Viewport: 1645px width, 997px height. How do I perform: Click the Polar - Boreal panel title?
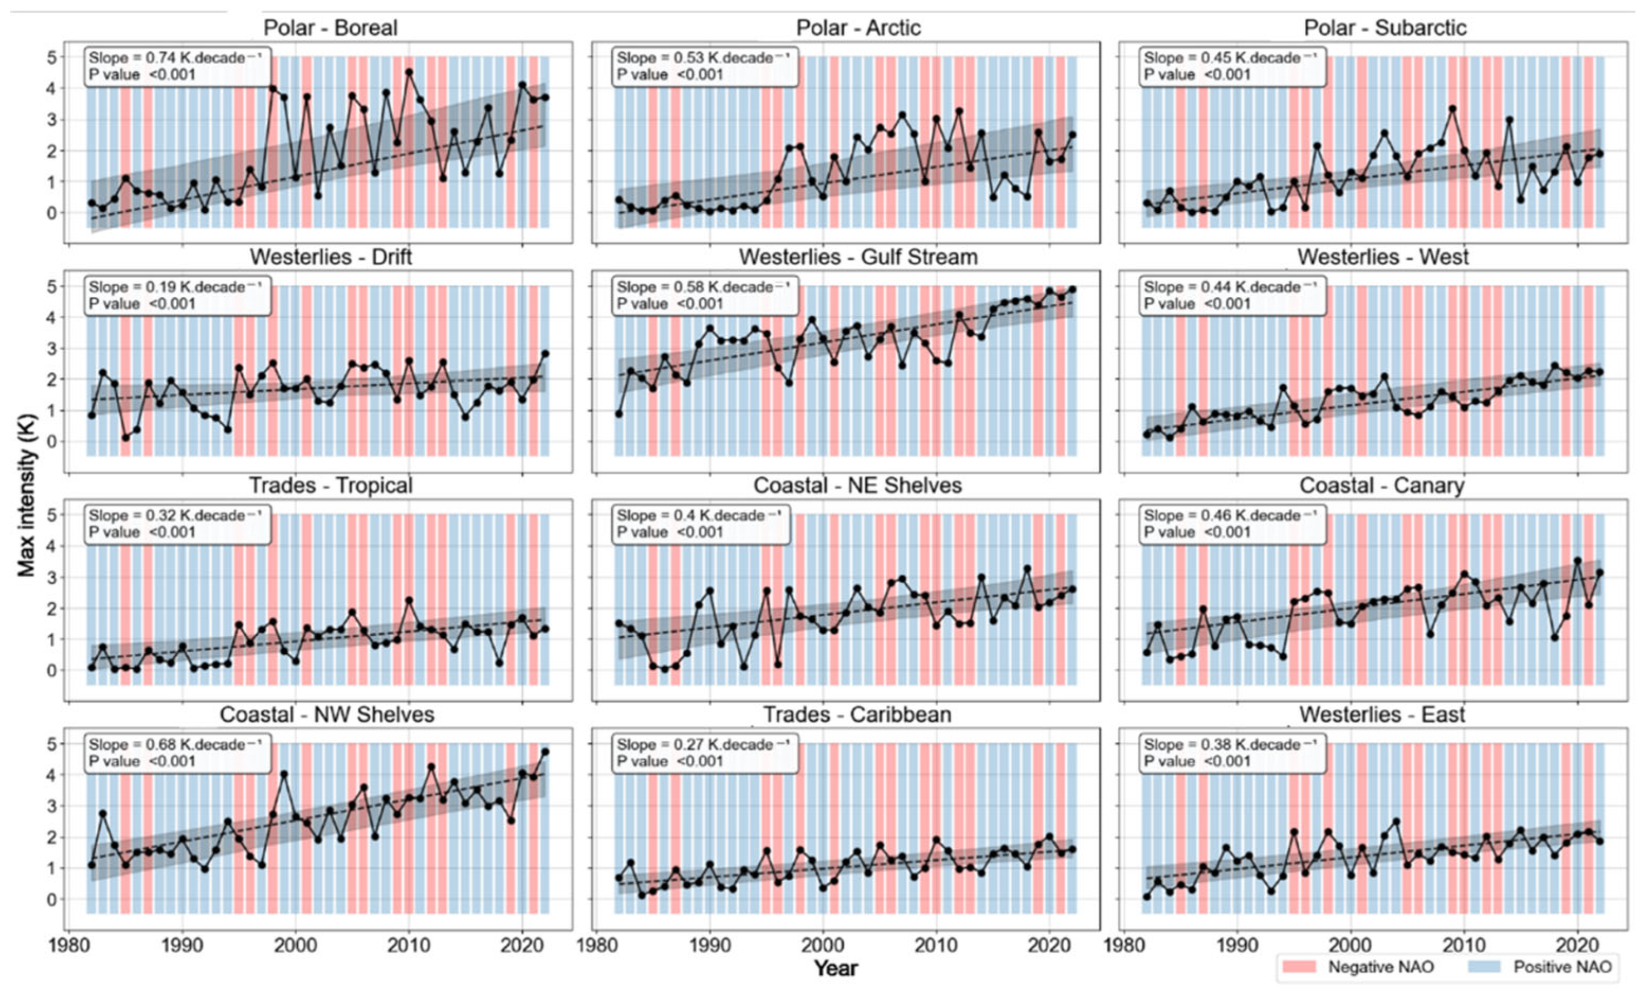(x=331, y=27)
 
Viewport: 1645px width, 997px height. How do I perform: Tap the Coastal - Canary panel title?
(x=1381, y=486)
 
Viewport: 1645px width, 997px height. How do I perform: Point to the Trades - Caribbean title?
(x=857, y=715)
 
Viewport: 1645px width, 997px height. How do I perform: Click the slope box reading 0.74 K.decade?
(x=178, y=66)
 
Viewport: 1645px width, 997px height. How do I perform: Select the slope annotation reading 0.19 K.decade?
(x=178, y=295)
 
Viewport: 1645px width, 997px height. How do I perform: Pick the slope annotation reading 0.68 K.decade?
(x=178, y=752)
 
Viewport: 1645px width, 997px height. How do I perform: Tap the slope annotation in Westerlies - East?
(x=1232, y=752)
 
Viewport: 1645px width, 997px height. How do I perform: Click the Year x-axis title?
(x=835, y=967)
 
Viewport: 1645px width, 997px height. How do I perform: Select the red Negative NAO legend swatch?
(x=1299, y=966)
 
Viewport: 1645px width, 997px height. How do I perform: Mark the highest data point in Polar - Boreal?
(x=409, y=72)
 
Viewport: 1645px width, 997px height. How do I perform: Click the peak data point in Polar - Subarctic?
(x=1452, y=108)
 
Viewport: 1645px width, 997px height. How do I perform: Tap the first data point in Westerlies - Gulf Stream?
(x=619, y=414)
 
